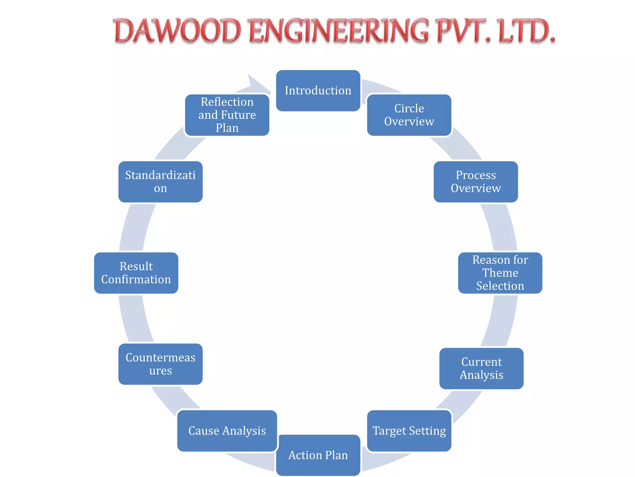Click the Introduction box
pos(318,91)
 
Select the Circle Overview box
pos(409,115)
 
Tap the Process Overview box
pos(476,182)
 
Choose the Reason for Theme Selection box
pos(500,273)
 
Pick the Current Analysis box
pos(481,368)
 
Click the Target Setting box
pos(409,431)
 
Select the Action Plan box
pos(318,455)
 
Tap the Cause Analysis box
pos(227,431)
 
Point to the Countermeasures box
pos(160,364)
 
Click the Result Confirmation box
pos(136,273)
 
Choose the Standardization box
pos(160,182)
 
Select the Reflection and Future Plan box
pos(227,115)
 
